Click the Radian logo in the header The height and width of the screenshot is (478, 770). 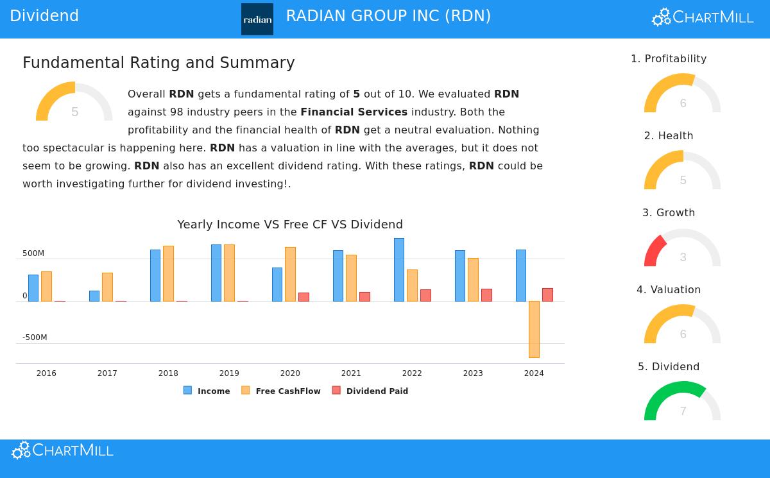pyautogui.click(x=257, y=19)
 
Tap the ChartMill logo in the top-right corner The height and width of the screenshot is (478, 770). pyautogui.click(x=703, y=17)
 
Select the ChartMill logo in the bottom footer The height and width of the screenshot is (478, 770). pyautogui.click(x=62, y=450)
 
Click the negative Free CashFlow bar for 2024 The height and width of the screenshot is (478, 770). pyautogui.click(x=534, y=329)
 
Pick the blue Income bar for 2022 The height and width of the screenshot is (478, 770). pyautogui.click(x=399, y=269)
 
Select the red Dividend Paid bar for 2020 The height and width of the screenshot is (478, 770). pyautogui.click(x=304, y=296)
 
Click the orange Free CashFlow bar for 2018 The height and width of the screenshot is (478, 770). pyautogui.click(x=168, y=273)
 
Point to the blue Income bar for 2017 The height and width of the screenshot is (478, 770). pyautogui.click(x=94, y=296)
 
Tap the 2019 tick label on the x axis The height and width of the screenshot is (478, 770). pyautogui.click(x=229, y=373)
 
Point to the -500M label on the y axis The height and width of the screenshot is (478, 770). pyautogui.click(x=35, y=337)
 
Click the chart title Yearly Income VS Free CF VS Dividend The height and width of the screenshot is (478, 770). pyautogui.click(x=290, y=225)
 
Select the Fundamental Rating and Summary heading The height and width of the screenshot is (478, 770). pyautogui.click(x=158, y=63)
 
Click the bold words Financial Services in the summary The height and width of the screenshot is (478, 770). pyautogui.click(x=354, y=112)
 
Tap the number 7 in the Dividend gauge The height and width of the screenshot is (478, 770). pyautogui.click(x=683, y=411)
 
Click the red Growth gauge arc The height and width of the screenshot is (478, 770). pyautogui.click(x=653, y=250)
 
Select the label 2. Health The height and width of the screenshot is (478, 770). pyautogui.click(x=669, y=136)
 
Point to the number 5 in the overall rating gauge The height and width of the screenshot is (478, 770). pyautogui.click(x=74, y=112)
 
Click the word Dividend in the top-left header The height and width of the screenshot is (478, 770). pyautogui.click(x=44, y=16)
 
